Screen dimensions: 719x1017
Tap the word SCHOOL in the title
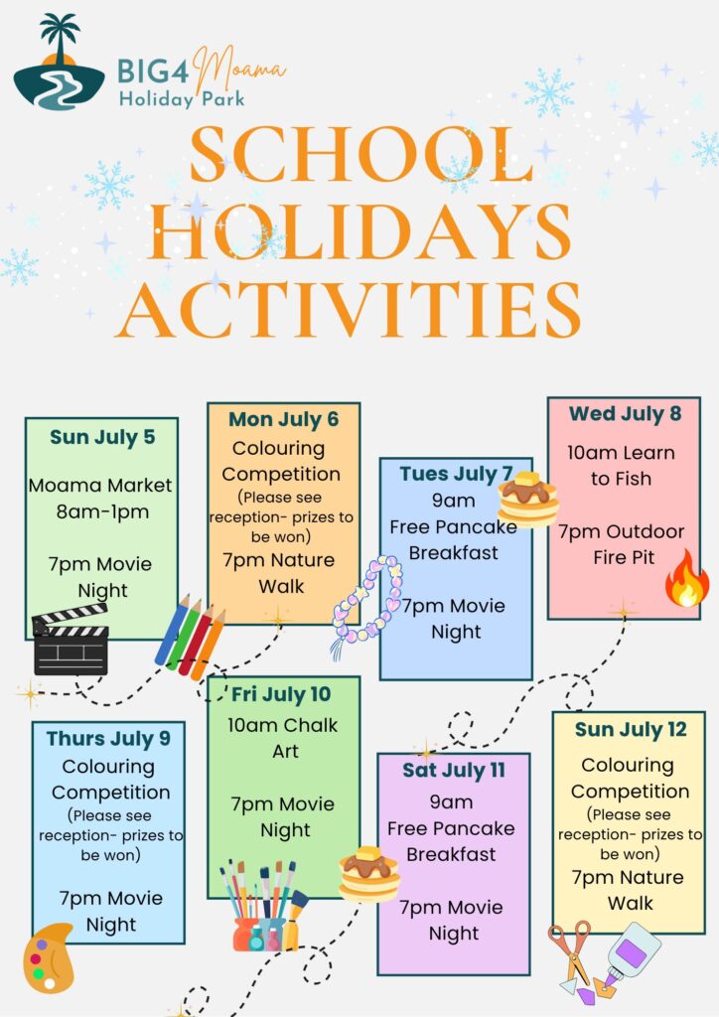coord(361,155)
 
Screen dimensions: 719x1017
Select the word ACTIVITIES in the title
coord(349,310)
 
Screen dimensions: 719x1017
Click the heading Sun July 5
coord(102,437)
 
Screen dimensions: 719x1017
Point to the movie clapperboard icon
coord(71,641)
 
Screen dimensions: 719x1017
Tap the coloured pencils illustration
coord(190,637)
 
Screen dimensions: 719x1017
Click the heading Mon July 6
coord(283,420)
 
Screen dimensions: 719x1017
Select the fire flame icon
coord(686,578)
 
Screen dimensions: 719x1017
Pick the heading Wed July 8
coord(625,414)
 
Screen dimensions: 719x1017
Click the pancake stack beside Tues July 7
coord(528,499)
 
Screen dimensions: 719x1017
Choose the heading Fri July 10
coord(281,694)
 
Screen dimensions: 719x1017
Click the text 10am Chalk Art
coord(283,738)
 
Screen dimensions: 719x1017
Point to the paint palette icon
coord(47,957)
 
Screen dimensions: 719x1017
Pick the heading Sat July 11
coord(454,771)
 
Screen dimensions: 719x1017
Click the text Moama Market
coord(100,485)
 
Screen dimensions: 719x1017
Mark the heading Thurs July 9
coord(108,739)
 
